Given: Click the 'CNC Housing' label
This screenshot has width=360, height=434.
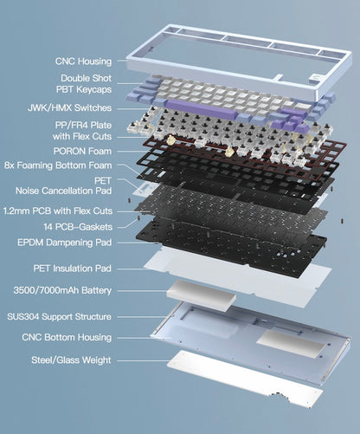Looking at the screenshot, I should pos(83,62).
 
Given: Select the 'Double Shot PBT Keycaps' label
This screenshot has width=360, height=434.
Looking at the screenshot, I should pos(86,84).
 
